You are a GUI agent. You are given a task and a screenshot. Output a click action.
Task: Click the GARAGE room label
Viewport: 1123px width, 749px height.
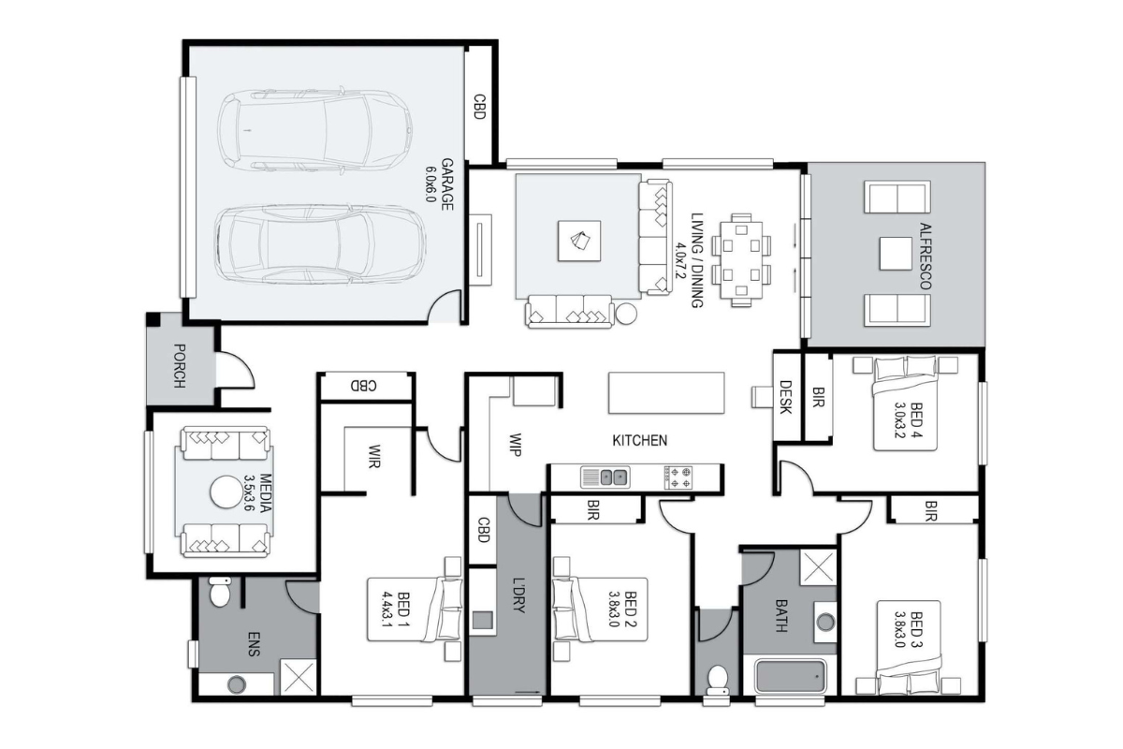[447, 184]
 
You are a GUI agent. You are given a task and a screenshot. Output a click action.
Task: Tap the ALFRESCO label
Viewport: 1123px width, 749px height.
[926, 256]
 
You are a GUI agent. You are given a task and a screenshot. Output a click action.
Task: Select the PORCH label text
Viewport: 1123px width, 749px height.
[179, 366]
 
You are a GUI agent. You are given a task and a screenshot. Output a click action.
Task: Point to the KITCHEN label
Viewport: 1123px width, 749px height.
[640, 440]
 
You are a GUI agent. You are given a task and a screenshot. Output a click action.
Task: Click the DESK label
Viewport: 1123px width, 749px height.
[785, 397]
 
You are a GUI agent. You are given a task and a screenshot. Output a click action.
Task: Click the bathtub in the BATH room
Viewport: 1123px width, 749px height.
[790, 675]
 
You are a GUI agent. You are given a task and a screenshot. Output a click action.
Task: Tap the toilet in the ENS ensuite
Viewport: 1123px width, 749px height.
[219, 591]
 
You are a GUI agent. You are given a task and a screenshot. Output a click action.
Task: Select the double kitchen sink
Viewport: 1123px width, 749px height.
[605, 477]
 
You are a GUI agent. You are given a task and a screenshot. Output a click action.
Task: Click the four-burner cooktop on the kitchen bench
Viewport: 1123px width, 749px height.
[678, 477]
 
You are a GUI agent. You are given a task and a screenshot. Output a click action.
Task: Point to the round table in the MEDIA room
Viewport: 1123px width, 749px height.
[226, 492]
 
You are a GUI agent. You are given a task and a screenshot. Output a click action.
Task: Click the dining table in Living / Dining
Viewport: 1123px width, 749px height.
[741, 260]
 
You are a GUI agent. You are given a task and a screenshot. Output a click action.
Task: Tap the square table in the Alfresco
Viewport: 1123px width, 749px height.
[896, 254]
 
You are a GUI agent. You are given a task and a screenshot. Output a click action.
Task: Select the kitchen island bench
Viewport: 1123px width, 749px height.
[666, 393]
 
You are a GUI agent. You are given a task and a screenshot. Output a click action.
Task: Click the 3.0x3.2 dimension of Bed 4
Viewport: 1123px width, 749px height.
[900, 419]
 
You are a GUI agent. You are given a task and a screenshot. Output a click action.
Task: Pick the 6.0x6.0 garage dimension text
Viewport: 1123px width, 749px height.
[430, 184]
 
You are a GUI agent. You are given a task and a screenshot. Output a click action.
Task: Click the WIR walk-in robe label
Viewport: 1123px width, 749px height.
[373, 456]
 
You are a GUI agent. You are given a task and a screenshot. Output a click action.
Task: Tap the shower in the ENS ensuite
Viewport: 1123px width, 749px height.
[299, 677]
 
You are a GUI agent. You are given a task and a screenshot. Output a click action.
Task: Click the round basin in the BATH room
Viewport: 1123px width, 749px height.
[825, 623]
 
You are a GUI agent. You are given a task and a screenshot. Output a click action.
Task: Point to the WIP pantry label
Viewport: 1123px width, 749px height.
[515, 445]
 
